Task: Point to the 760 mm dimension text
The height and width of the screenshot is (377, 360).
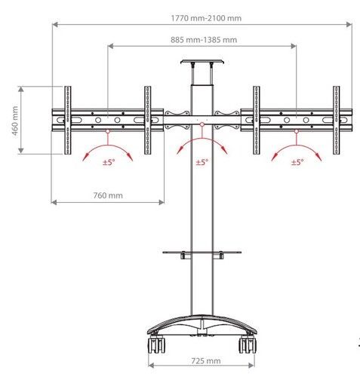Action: [x=107, y=195]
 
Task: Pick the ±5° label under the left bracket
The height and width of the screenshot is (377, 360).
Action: [x=108, y=162]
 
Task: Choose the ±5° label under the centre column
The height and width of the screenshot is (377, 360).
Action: [x=202, y=161]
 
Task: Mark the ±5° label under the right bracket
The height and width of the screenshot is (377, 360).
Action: [x=296, y=162]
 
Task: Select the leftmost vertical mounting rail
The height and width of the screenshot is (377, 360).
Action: [x=68, y=118]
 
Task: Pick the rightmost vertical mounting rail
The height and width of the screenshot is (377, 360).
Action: [x=335, y=118]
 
